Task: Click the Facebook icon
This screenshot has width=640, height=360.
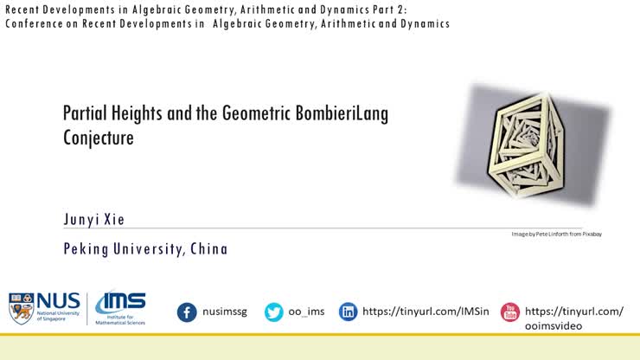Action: click(187, 312)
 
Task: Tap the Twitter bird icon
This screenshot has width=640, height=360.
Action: click(274, 312)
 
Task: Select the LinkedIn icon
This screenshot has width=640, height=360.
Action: click(348, 312)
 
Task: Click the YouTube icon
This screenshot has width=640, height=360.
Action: click(510, 312)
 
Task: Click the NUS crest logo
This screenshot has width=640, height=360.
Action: click(21, 308)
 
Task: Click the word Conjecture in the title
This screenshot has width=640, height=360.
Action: click(99, 138)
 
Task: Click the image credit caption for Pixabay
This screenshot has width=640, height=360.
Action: click(556, 234)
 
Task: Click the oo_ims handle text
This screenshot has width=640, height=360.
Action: click(307, 312)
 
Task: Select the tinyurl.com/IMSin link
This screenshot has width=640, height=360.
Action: click(426, 312)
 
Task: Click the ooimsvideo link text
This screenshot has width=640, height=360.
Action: click(554, 325)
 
